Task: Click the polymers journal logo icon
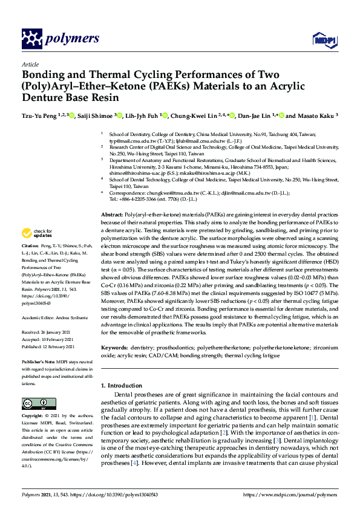tap(31, 39)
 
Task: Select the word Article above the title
tap(30, 64)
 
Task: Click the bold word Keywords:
tap(115, 348)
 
